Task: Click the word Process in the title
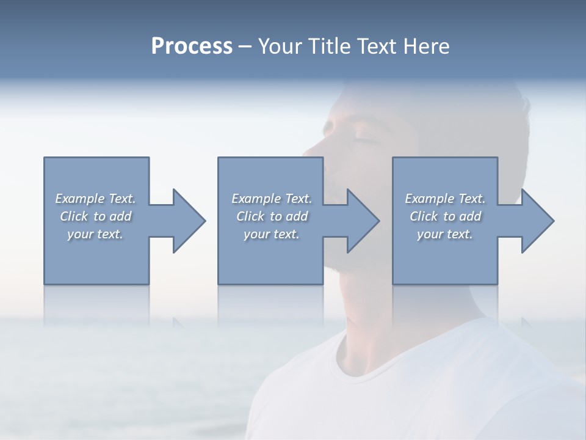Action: pyautogui.click(x=192, y=46)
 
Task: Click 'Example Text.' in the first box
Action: pyautogui.click(x=95, y=199)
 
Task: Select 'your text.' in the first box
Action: pyautogui.click(x=95, y=234)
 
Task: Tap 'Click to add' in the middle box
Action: pyautogui.click(x=272, y=216)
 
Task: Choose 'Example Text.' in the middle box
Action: pyautogui.click(x=272, y=199)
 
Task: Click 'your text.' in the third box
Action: pyautogui.click(x=445, y=234)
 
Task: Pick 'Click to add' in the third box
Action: pyautogui.click(x=445, y=216)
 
